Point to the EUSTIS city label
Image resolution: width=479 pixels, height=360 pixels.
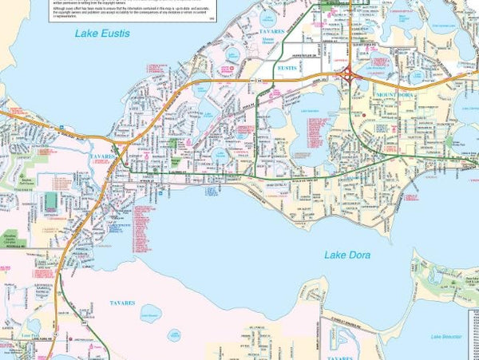pos(285,69)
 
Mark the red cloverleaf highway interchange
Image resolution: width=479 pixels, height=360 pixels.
pos(351,75)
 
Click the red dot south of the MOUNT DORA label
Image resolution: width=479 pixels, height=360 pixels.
pos(365,117)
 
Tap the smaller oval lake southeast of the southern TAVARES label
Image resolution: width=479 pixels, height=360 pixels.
pos(173,334)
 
